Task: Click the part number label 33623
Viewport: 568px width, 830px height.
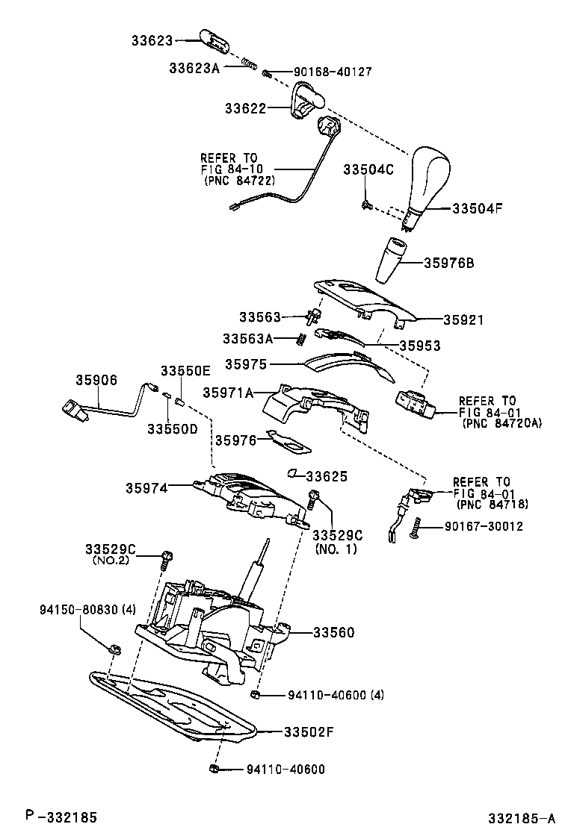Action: [x=152, y=40]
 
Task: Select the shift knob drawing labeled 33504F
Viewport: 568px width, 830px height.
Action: [x=426, y=180]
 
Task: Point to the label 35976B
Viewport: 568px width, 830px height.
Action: [x=449, y=263]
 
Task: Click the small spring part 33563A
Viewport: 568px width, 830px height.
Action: [x=301, y=338]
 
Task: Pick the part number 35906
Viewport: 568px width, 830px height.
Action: [x=96, y=380]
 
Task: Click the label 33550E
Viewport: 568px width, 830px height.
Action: [x=185, y=371]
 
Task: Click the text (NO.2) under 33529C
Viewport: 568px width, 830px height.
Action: [x=110, y=560]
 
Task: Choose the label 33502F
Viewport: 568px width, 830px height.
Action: [x=308, y=731]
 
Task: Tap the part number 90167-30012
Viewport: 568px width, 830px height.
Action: [x=484, y=526]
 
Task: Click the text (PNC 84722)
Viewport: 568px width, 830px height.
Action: [x=238, y=181]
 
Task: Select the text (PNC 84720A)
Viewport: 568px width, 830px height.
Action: [x=501, y=422]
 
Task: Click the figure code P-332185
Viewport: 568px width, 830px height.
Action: [x=60, y=817]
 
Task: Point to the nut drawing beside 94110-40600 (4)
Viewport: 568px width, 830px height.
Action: [x=256, y=696]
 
